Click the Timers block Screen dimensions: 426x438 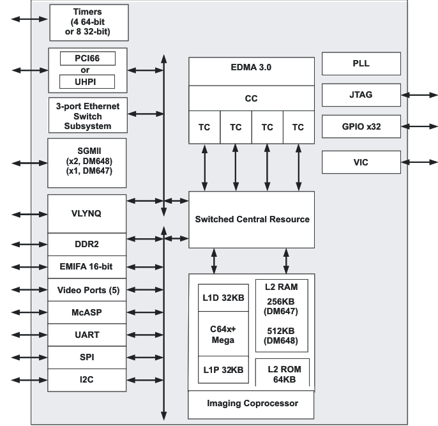(x=88, y=23)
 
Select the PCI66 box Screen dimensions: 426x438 (x=87, y=59)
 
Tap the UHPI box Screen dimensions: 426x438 (x=87, y=81)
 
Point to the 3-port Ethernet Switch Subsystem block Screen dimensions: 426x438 (x=88, y=114)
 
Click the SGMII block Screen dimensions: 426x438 (x=88, y=162)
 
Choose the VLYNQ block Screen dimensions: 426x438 (x=88, y=214)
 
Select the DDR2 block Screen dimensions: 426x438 (x=88, y=244)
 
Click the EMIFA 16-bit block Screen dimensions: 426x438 (x=88, y=266)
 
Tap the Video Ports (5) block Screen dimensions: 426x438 (x=88, y=289)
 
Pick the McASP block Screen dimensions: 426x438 (x=88, y=312)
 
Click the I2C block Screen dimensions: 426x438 (x=88, y=381)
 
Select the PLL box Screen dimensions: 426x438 (x=361, y=64)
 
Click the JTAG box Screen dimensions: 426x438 (x=361, y=95)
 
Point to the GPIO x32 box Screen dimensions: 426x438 (x=361, y=126)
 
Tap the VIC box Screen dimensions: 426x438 (x=361, y=162)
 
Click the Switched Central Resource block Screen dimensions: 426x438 (x=252, y=219)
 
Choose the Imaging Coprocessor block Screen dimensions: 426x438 (x=252, y=403)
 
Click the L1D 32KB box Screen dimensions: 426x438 (x=223, y=298)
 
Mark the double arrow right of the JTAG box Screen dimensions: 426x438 (x=419, y=95)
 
